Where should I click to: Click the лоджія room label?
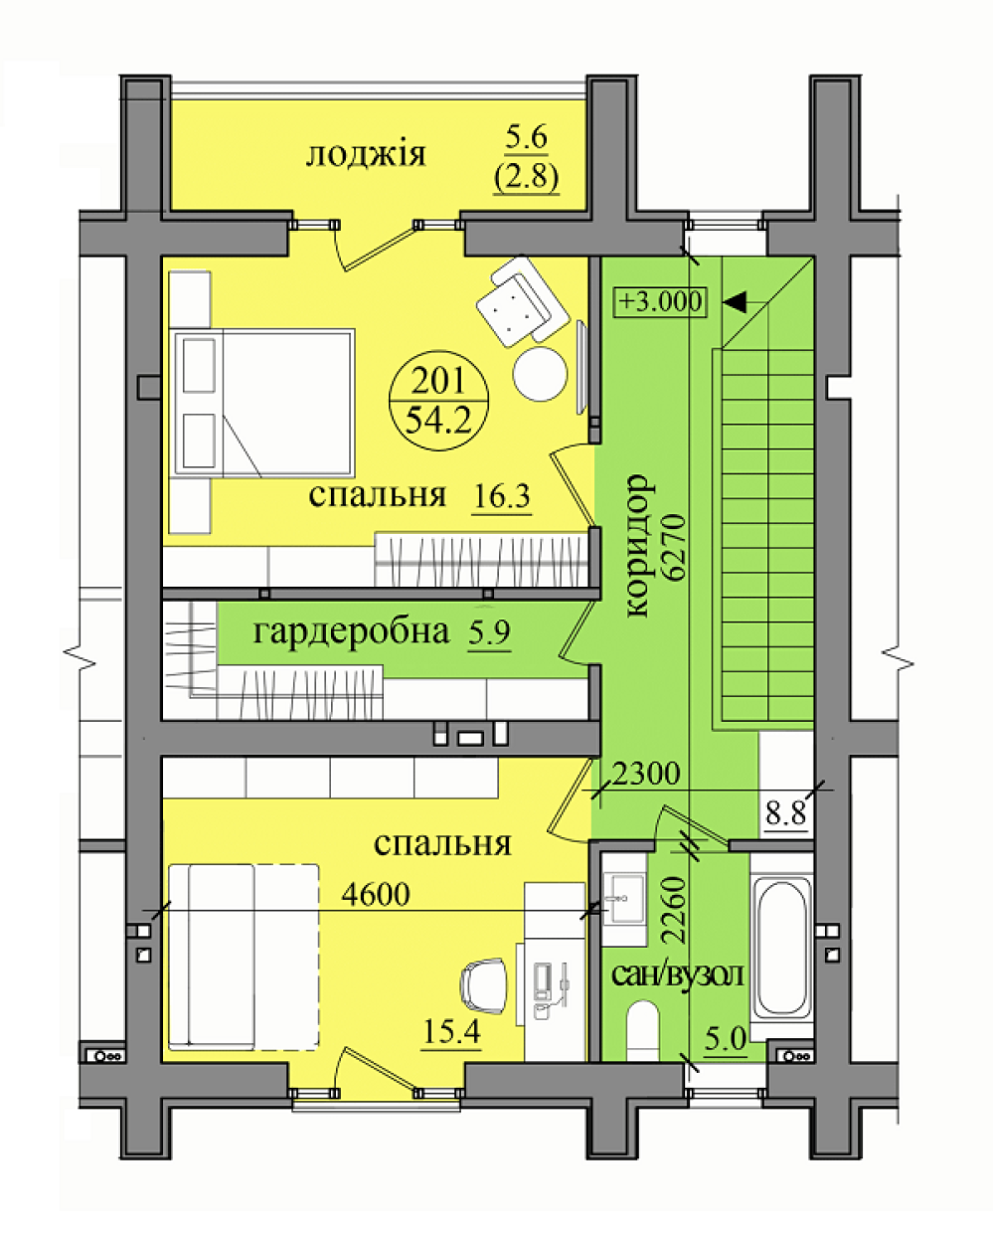pos(366,156)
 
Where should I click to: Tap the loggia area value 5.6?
pos(527,138)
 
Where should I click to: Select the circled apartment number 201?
pos(438,380)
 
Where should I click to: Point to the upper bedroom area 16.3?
pos(502,496)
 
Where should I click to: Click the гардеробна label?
pos(351,632)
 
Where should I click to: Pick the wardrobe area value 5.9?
pos(490,631)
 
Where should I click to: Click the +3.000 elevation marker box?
pos(660,301)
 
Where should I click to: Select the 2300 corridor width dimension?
pos(646,774)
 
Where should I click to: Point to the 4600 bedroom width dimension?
pos(376,894)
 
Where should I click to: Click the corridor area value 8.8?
pos(786,812)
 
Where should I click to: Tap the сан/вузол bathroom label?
pos(678,975)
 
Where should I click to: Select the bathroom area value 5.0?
pos(726,1039)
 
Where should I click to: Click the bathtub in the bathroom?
pos(781,951)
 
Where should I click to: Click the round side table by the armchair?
pos(540,373)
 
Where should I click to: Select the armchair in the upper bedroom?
pos(523,302)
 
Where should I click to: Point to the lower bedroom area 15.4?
pos(451,1031)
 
